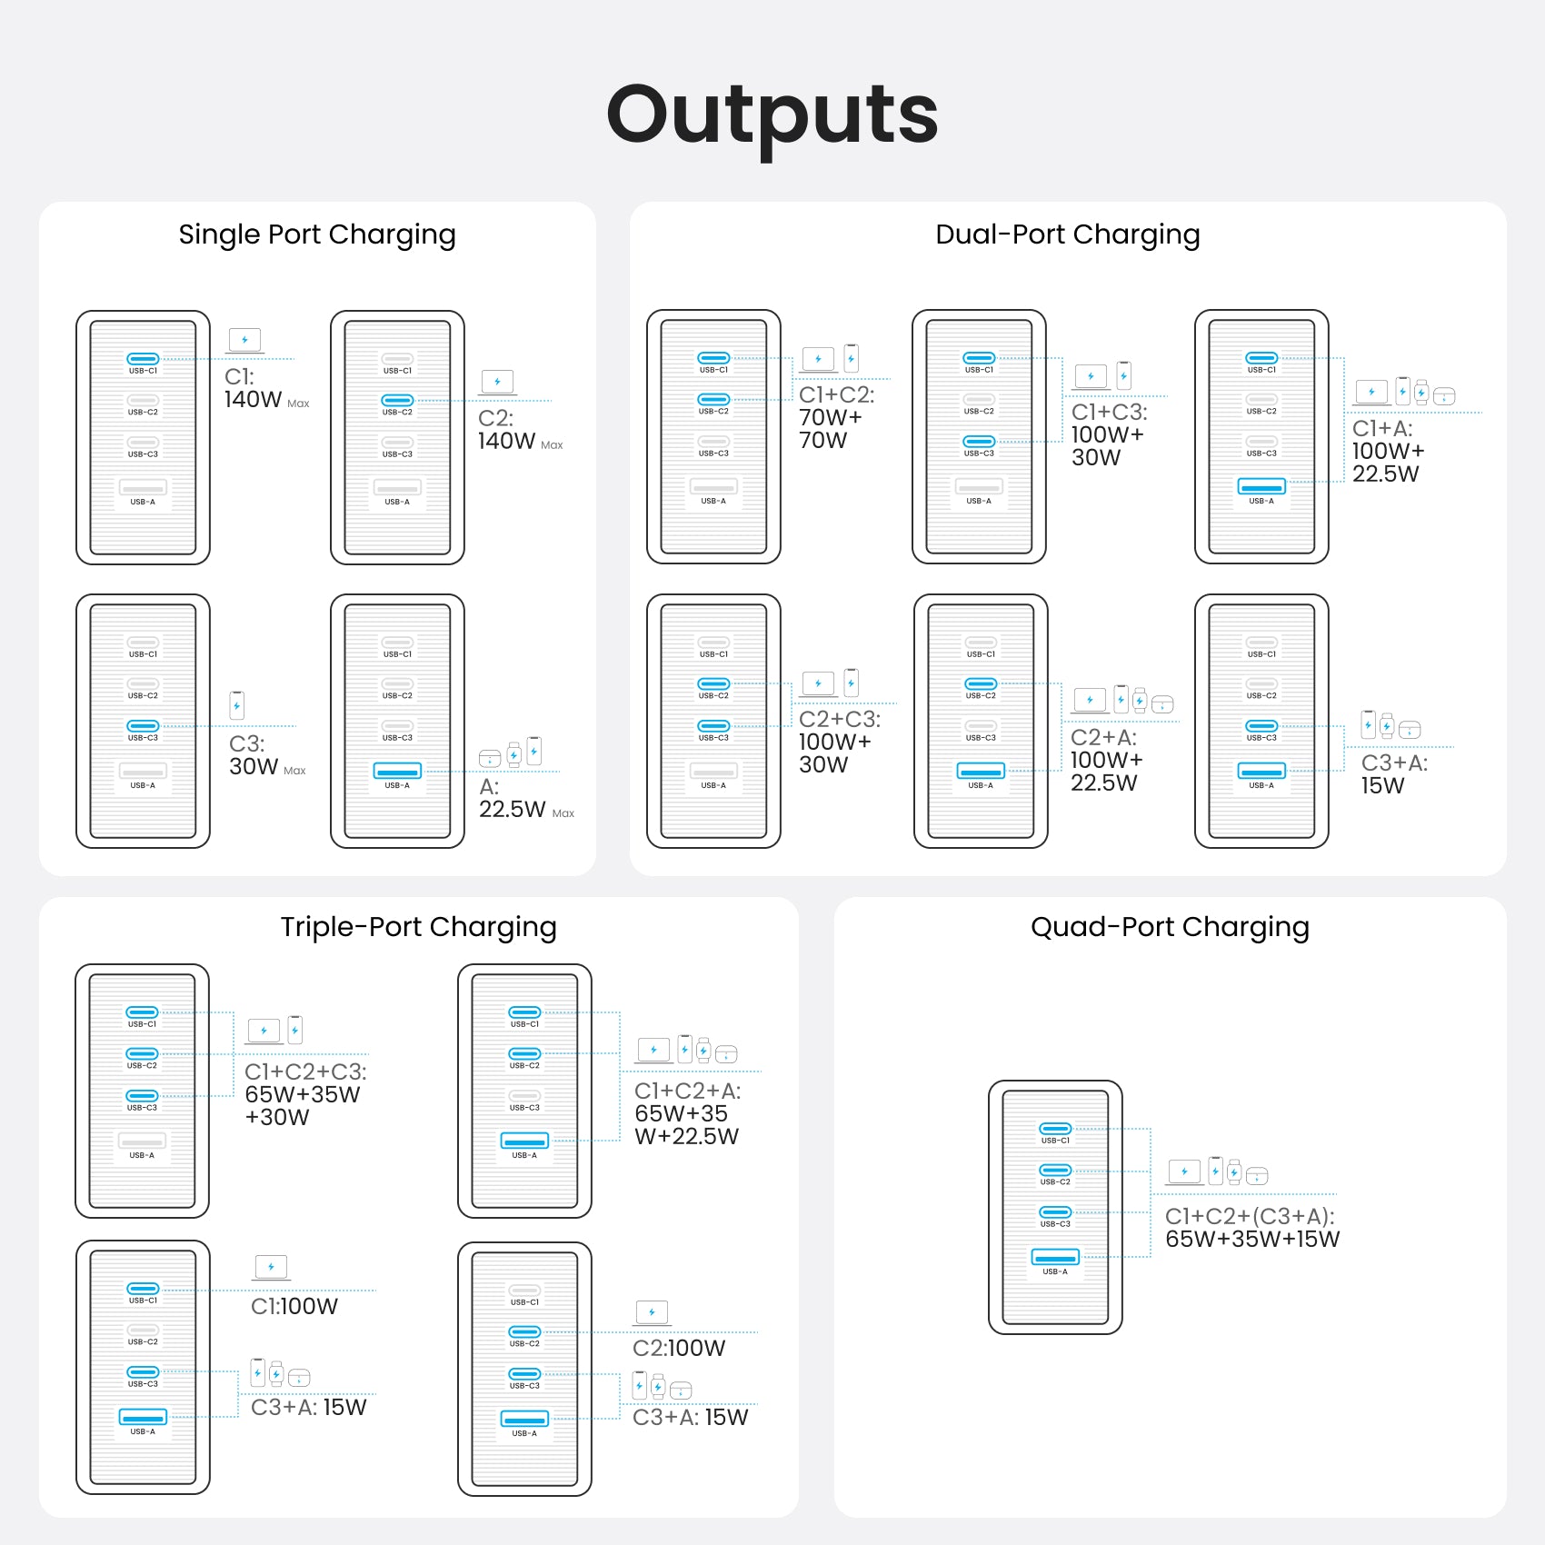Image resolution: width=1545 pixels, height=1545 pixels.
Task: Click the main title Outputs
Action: (x=772, y=115)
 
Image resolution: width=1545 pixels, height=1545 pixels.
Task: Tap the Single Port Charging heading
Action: (x=317, y=234)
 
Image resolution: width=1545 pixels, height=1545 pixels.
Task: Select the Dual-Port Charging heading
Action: (x=1068, y=234)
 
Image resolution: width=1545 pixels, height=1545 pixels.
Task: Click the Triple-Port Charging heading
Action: (x=418, y=927)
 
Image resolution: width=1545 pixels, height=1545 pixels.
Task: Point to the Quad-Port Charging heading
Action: (x=1170, y=927)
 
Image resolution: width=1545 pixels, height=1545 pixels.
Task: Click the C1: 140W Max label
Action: (x=267, y=388)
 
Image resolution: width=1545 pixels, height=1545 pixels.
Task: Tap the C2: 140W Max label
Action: (x=521, y=430)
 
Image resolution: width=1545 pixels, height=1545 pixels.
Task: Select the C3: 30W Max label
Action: (x=268, y=755)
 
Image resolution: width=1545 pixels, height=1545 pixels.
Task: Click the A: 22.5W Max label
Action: (x=527, y=798)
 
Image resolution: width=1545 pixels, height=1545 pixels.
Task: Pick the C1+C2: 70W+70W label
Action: (x=837, y=417)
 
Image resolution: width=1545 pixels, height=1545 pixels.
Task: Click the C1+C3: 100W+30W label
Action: (x=1110, y=434)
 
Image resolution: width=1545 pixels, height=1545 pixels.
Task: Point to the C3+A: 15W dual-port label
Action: (x=1394, y=774)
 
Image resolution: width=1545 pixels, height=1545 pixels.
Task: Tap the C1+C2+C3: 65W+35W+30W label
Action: (x=305, y=1094)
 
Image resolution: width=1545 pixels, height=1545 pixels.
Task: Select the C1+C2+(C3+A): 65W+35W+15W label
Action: (x=1252, y=1228)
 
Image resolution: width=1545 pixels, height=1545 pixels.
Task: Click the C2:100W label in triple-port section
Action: (x=679, y=1348)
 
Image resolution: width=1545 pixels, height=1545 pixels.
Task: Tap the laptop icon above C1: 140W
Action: (x=244, y=341)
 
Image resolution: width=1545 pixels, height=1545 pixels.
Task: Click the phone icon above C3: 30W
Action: (x=237, y=705)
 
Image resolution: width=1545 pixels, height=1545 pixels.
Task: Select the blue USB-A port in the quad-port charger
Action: (x=1055, y=1257)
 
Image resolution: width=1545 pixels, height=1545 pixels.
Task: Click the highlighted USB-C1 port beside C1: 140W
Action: (x=143, y=359)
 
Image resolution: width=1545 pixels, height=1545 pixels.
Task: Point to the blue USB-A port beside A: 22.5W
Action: (x=397, y=771)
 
